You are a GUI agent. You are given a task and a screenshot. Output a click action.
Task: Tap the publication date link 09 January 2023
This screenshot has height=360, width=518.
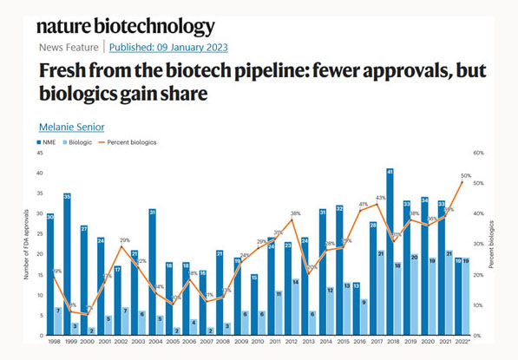click(168, 47)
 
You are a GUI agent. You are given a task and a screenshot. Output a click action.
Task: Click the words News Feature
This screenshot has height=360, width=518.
click(69, 47)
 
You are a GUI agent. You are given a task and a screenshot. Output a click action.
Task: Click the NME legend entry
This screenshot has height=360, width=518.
click(49, 141)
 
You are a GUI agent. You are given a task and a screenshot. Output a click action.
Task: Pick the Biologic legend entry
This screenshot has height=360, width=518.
click(83, 141)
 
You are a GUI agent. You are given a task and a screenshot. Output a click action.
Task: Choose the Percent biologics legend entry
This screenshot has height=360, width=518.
click(132, 141)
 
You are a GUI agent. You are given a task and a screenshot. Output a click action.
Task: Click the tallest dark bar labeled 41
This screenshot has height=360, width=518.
click(390, 252)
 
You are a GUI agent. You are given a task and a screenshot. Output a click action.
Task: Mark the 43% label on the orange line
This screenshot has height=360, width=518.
click(380, 199)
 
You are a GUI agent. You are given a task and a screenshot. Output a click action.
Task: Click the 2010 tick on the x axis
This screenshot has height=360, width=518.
click(254, 343)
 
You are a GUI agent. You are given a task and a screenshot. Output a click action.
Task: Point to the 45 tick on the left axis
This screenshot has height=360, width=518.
click(39, 153)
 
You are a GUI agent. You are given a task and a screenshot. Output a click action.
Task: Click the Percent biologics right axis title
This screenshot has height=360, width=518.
click(491, 245)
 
